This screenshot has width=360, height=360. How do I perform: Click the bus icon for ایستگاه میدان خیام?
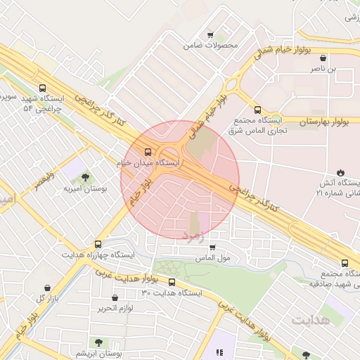148,152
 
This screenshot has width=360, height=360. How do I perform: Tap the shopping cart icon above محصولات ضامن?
210,34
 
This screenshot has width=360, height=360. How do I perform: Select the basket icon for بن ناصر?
323,58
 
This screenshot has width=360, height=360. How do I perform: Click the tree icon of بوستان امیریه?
85,177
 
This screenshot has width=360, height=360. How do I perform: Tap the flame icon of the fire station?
341,172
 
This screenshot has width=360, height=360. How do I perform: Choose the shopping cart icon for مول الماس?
212,247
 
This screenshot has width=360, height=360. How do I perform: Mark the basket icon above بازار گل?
47,288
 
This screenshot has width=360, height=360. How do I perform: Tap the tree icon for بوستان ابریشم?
98,342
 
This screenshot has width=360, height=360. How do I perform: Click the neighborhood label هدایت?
311,320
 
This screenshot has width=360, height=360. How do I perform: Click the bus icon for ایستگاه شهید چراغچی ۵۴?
44,89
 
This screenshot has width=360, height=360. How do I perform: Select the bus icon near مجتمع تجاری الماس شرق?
257,110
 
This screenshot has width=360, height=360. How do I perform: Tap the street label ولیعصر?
40,176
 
